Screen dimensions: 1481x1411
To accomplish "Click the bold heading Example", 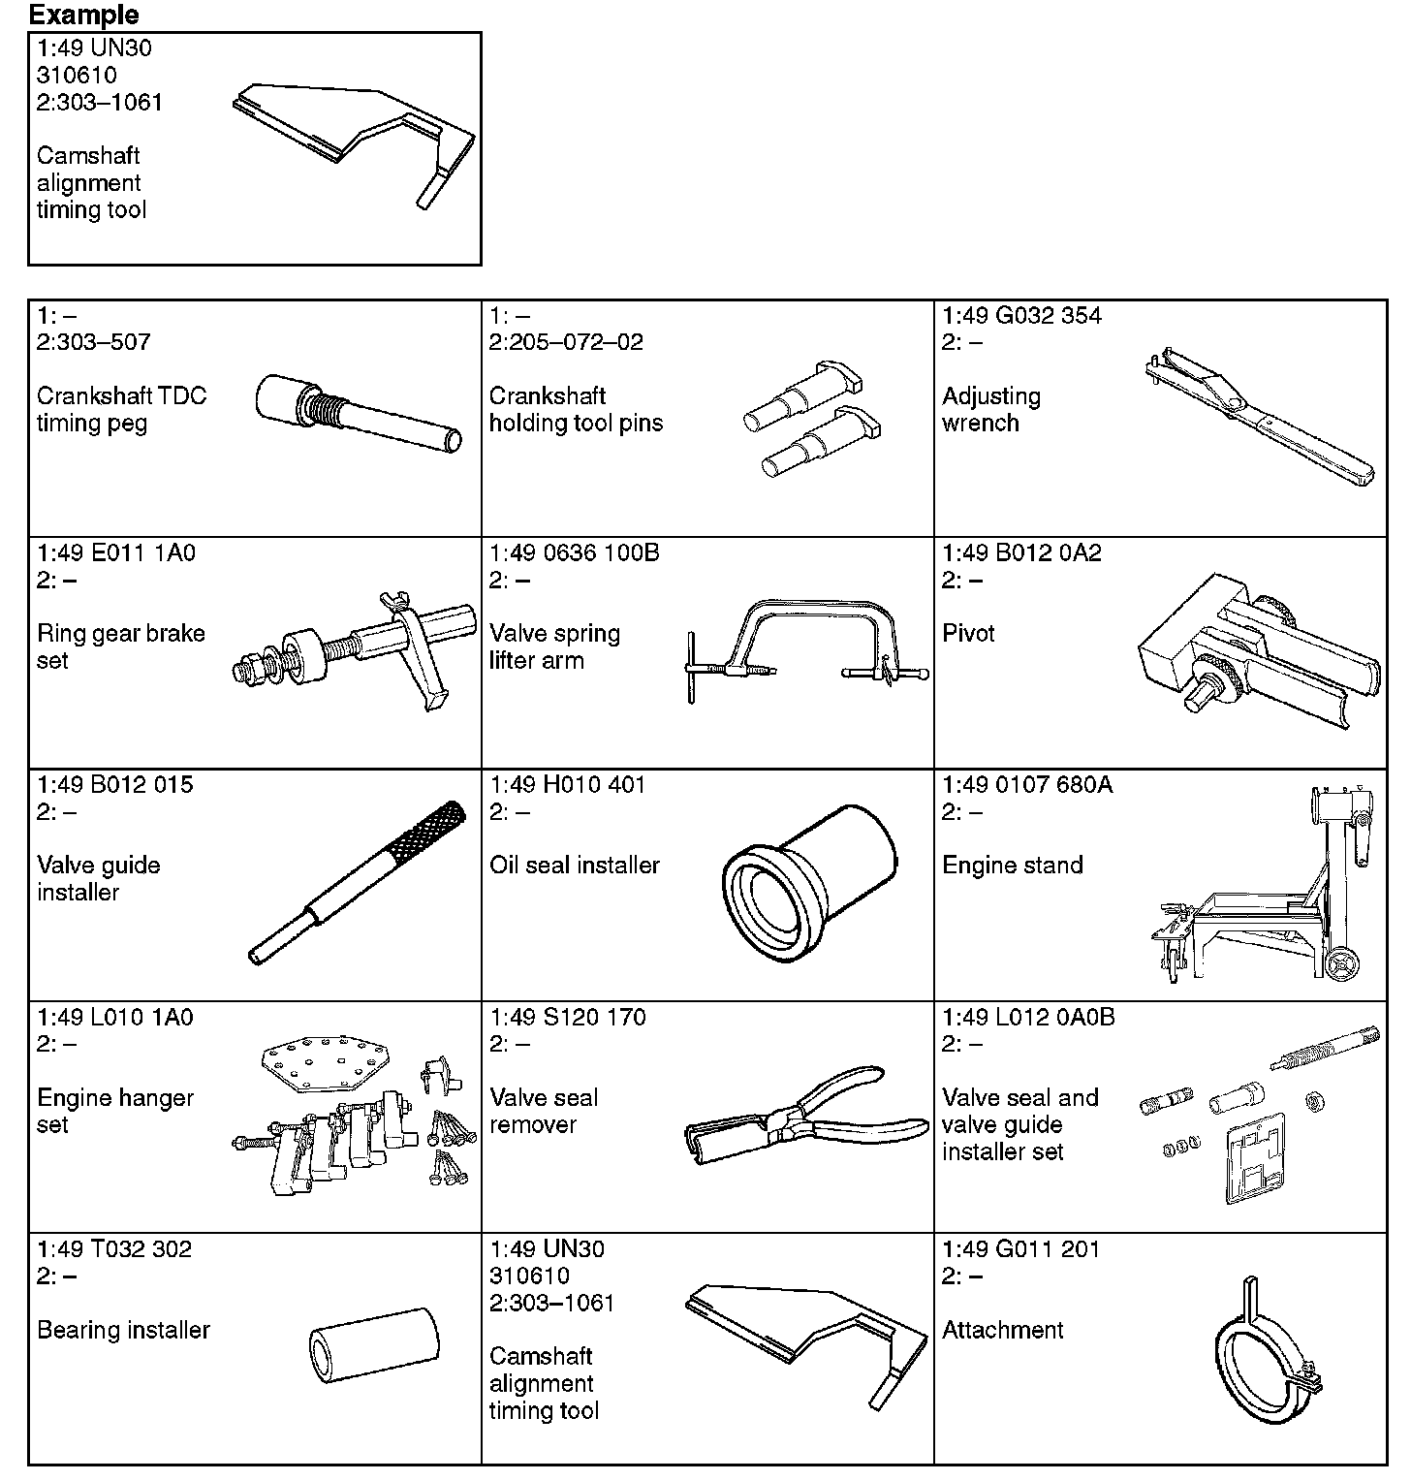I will (x=83, y=15).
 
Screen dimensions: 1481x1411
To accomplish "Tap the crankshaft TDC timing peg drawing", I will (x=359, y=412).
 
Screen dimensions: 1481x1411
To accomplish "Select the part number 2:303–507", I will (x=94, y=341).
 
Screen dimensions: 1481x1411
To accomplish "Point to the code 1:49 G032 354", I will (x=1021, y=315).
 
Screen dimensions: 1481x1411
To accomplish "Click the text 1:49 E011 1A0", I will (x=116, y=552).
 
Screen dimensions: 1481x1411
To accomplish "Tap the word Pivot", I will (x=968, y=633).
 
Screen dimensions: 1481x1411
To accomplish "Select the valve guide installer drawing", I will (x=359, y=882).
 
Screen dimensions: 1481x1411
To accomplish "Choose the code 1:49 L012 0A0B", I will (x=1028, y=1017).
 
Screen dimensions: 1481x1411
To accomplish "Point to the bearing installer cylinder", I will (x=374, y=1346).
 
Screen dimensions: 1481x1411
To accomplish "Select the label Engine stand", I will (x=1013, y=865).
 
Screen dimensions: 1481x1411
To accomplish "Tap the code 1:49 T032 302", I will (x=114, y=1248).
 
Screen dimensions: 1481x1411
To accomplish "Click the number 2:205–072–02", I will (x=566, y=341).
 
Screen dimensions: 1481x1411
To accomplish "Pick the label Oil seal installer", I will (x=575, y=865).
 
